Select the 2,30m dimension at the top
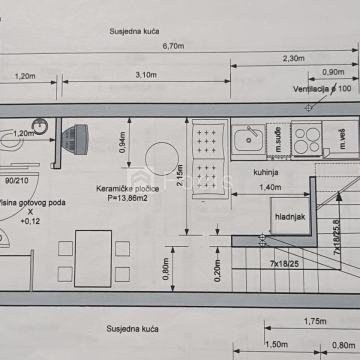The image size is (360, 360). (294, 60)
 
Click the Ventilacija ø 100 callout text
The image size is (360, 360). (320, 88)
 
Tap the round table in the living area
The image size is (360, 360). (160, 161)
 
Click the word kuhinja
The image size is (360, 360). (266, 172)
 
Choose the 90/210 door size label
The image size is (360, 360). (15, 182)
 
